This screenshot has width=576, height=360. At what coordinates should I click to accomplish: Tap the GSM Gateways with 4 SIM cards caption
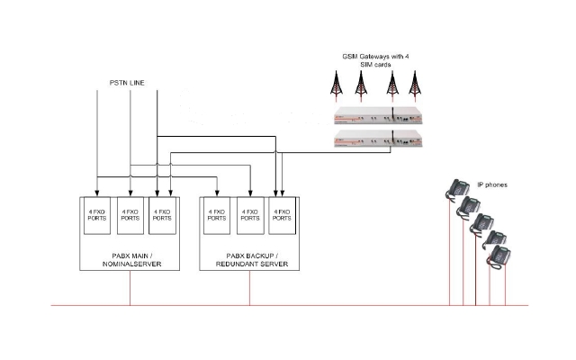(x=375, y=60)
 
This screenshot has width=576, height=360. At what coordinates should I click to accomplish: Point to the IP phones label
(x=491, y=184)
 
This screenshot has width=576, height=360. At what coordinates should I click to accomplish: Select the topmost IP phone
(x=454, y=188)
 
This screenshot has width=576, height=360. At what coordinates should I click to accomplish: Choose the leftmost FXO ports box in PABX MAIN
(x=96, y=216)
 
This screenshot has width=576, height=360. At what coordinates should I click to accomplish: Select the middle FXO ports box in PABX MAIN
(x=130, y=216)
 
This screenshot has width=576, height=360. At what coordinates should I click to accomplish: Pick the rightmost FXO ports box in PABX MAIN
(x=162, y=216)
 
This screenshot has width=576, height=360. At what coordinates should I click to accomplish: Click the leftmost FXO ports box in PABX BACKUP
(x=217, y=216)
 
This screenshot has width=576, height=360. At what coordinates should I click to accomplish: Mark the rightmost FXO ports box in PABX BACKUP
(x=282, y=216)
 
